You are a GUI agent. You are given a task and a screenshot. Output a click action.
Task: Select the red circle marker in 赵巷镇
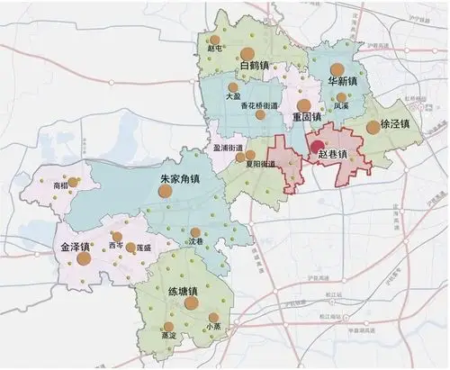(x=317, y=148)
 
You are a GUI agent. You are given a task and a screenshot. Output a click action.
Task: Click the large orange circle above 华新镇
(x=337, y=69)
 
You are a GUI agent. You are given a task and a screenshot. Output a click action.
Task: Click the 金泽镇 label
(x=75, y=246)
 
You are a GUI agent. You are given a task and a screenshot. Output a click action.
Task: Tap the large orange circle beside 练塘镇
(x=191, y=303)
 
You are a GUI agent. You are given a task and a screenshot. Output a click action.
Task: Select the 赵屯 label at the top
(x=213, y=50)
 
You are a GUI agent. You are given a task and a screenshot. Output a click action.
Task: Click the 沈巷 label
(x=194, y=243)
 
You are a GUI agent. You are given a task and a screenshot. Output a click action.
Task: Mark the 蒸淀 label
(x=168, y=335)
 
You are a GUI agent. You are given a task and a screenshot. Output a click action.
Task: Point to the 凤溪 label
(x=340, y=105)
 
